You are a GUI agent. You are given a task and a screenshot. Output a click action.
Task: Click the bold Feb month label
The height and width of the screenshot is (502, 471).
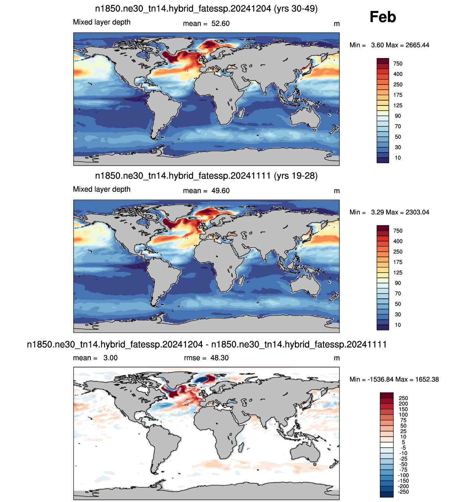(x=382, y=17)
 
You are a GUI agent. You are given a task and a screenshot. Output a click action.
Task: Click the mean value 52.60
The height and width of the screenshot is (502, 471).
(x=220, y=24)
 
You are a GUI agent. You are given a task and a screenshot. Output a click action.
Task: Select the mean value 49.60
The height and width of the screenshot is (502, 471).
(x=220, y=191)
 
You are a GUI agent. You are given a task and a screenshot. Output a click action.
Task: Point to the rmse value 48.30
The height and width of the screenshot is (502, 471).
(x=219, y=358)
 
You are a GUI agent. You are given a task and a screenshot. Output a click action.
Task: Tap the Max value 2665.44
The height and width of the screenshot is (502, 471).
(x=417, y=45)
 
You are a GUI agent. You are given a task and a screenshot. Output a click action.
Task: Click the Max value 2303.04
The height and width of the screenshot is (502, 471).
(x=417, y=212)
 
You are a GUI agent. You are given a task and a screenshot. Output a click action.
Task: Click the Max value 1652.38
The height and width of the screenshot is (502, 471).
(x=427, y=379)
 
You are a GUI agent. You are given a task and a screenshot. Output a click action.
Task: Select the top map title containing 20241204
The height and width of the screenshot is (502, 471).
(x=206, y=9)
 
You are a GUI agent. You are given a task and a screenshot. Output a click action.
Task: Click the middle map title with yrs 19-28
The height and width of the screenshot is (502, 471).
(x=206, y=176)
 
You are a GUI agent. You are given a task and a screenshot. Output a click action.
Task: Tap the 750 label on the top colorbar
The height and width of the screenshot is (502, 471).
(x=397, y=64)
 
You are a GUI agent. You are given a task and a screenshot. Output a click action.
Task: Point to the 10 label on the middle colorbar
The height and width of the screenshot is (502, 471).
(x=397, y=325)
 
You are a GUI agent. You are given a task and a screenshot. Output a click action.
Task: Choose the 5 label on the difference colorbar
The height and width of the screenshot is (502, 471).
(x=403, y=442)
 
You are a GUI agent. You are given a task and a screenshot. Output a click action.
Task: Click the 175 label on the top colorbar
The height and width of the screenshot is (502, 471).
(x=397, y=95)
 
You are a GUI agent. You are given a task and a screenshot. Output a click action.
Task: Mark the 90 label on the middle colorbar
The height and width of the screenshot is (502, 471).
(x=397, y=283)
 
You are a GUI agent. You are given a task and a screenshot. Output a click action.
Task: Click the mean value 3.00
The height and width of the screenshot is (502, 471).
(x=110, y=358)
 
